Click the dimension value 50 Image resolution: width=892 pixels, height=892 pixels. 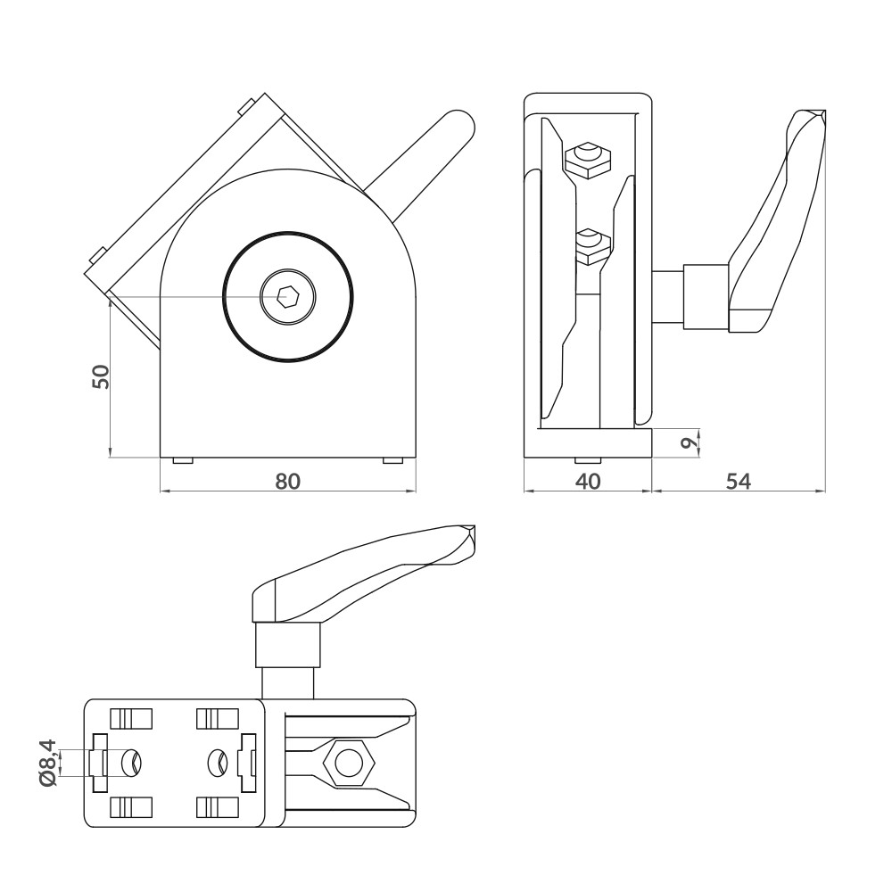pyautogui.click(x=102, y=376)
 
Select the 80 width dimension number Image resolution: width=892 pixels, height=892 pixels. pyautogui.click(x=287, y=481)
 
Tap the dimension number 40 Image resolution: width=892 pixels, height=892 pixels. pyautogui.click(x=586, y=481)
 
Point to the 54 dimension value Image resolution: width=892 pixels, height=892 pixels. pyautogui.click(x=737, y=481)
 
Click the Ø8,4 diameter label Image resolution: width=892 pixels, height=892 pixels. pyautogui.click(x=49, y=763)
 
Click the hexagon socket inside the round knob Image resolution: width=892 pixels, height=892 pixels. pyautogui.click(x=287, y=297)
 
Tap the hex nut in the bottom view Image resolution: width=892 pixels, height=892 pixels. pyautogui.click(x=347, y=764)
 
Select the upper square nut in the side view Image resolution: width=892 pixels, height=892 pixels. pyautogui.click(x=589, y=159)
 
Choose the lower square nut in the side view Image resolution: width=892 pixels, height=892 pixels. pyautogui.click(x=589, y=246)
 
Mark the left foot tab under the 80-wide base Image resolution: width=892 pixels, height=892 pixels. pyautogui.click(x=182, y=460)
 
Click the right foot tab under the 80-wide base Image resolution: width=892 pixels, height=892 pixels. pyautogui.click(x=392, y=460)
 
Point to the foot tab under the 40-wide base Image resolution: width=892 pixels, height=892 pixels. pyautogui.click(x=587, y=460)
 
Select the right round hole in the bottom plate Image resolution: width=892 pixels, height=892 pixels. pyautogui.click(x=217, y=763)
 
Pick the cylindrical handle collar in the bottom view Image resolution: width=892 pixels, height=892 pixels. pyautogui.click(x=287, y=644)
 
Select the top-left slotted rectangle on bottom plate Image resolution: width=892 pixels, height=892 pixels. pyautogui.click(x=131, y=718)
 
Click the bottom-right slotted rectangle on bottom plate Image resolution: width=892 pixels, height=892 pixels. pyautogui.click(x=217, y=807)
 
